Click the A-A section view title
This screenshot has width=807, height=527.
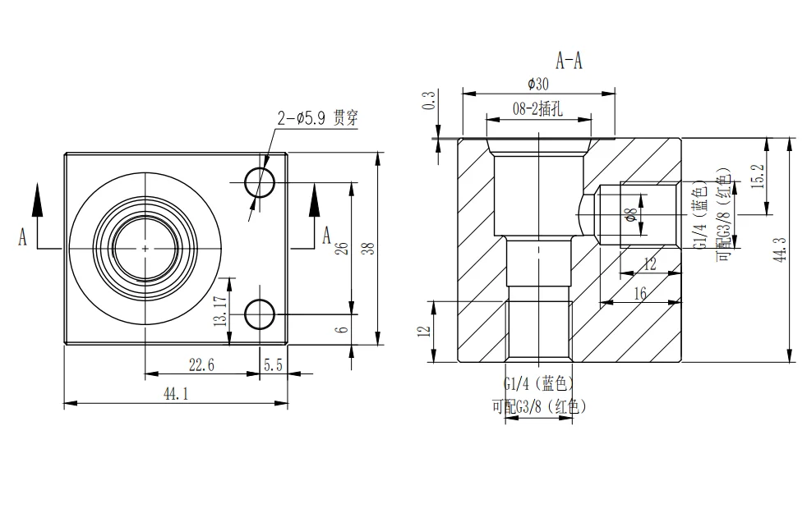[569, 61]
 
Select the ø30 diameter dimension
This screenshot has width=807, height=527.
[537, 84]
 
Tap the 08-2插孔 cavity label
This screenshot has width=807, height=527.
[537, 108]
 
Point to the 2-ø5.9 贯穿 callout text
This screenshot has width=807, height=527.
[317, 118]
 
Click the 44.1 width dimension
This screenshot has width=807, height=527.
[176, 394]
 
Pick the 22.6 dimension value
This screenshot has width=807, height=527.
[201, 365]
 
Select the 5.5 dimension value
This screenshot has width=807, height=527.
[274, 365]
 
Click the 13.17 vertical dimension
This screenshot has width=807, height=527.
[220, 310]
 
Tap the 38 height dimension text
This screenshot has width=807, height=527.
[368, 249]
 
